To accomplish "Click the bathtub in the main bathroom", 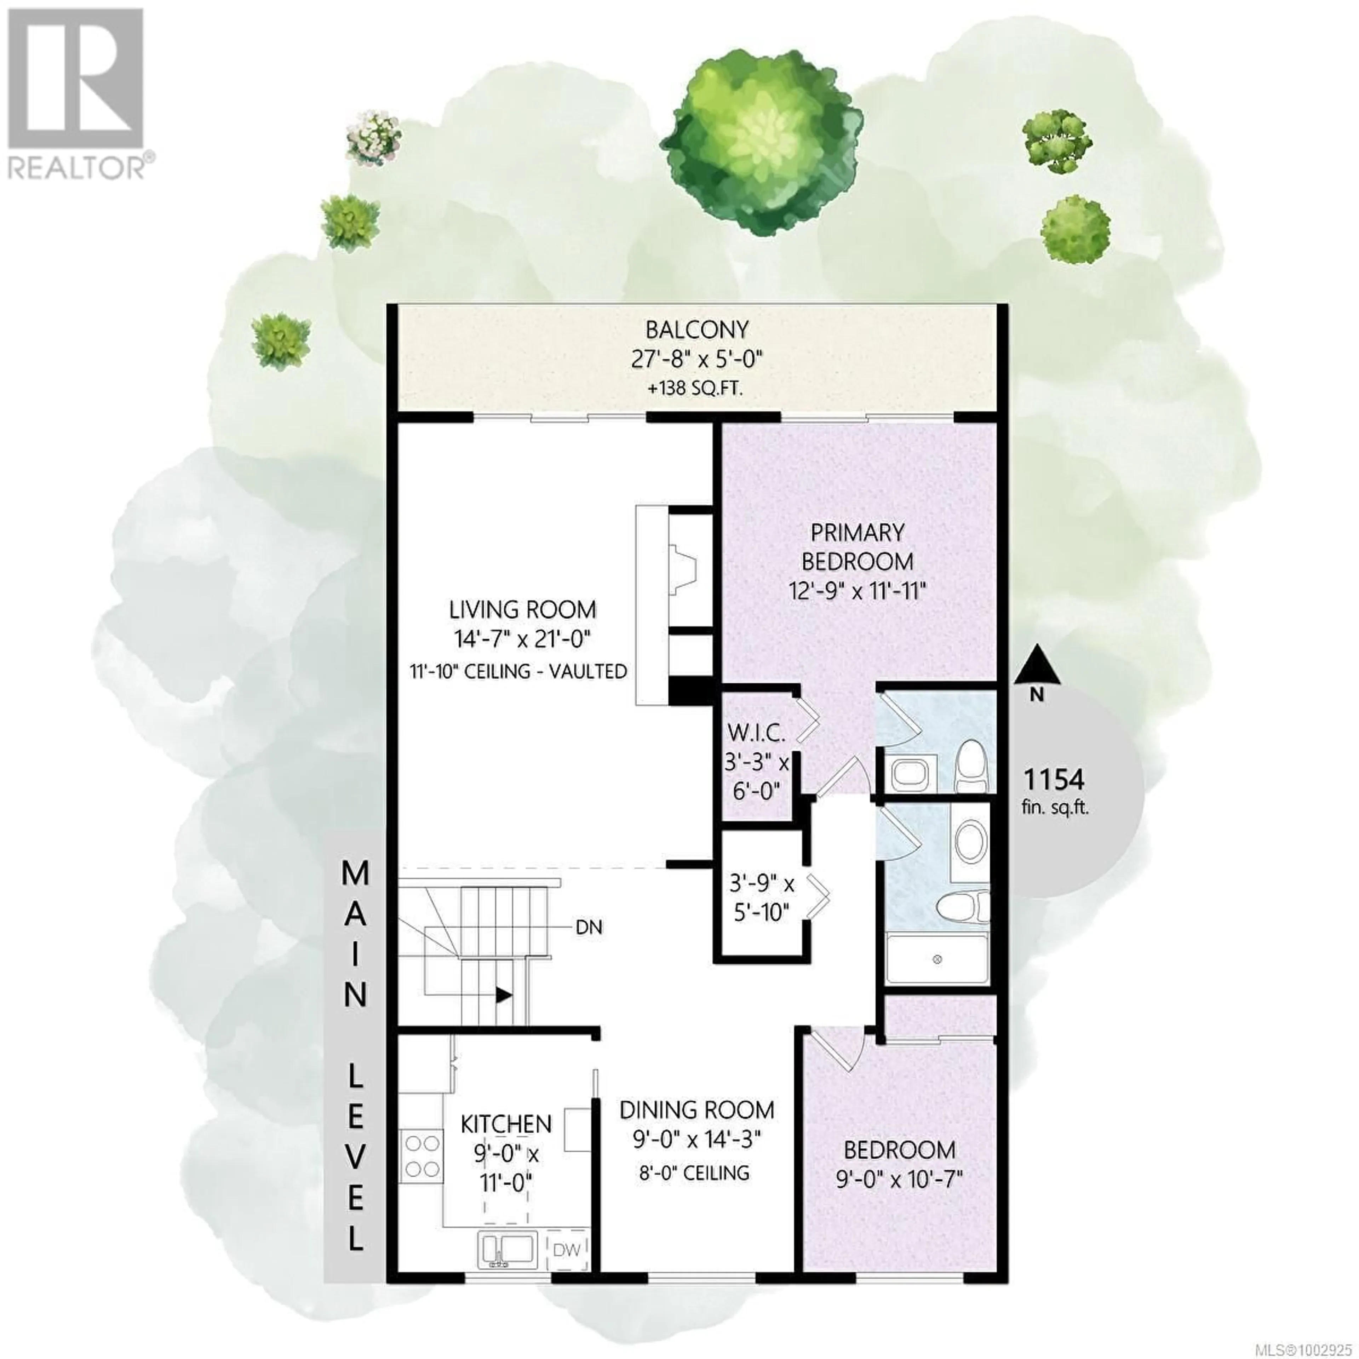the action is tap(938, 959).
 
